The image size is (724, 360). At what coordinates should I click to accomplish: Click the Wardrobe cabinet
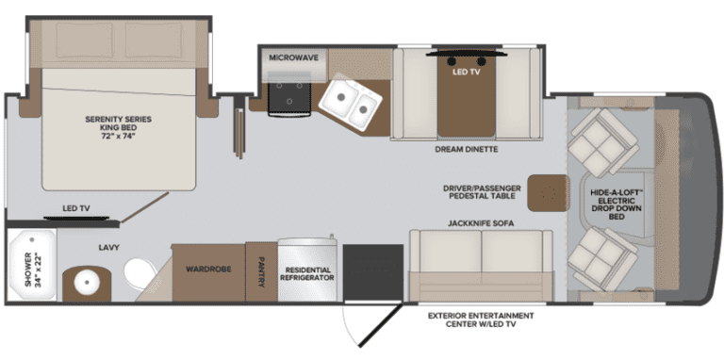[x=208, y=272]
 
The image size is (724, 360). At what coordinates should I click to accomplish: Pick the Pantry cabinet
[x=261, y=272]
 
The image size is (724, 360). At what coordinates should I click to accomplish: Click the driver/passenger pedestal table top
[x=548, y=193]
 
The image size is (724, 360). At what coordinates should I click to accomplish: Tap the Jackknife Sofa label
[x=481, y=223]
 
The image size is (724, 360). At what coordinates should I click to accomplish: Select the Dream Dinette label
[x=467, y=150]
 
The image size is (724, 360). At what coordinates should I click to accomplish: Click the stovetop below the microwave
[x=289, y=94]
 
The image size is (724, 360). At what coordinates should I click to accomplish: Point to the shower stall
[x=32, y=265]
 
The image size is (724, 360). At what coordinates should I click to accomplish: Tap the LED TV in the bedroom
[x=76, y=218]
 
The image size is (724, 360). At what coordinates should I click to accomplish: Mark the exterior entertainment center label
[x=481, y=319]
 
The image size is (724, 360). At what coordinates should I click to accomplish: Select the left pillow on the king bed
[x=85, y=40]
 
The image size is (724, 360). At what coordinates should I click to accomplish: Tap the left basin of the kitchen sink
[x=339, y=98]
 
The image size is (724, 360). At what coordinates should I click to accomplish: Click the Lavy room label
[x=109, y=248]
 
